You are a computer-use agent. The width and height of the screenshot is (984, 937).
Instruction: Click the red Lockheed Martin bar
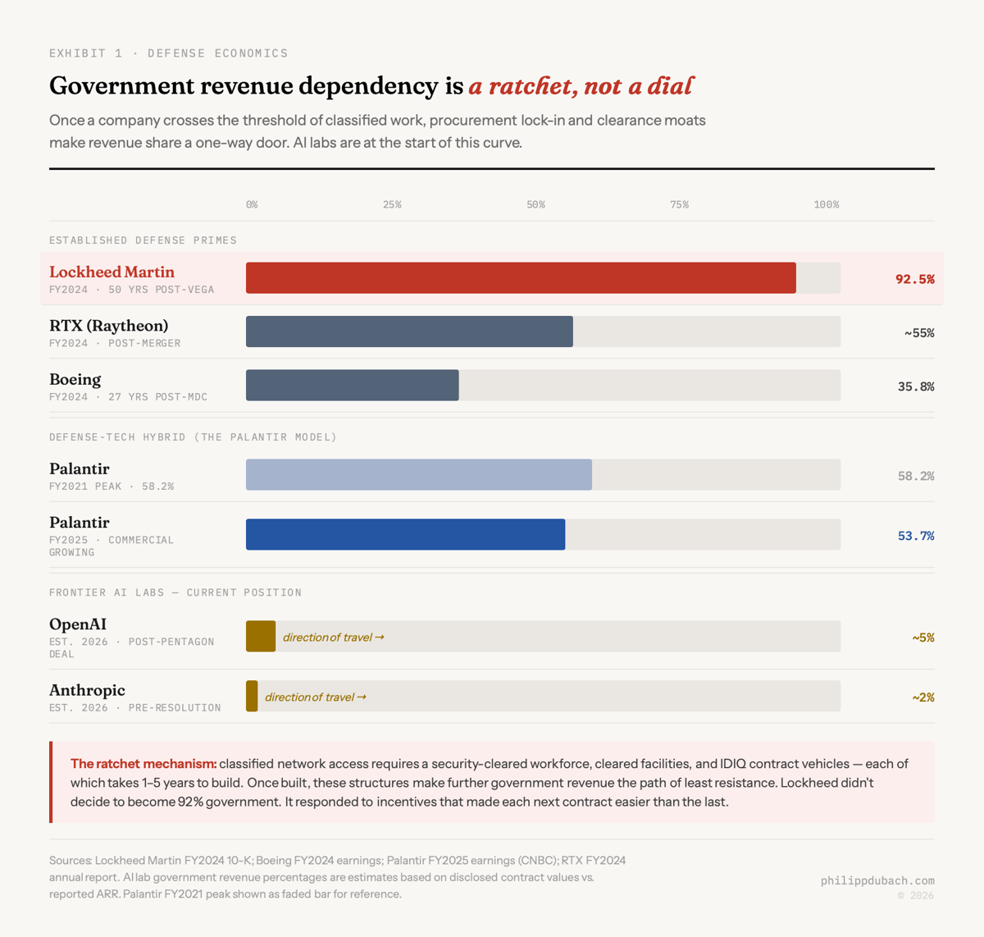pyautogui.click(x=521, y=278)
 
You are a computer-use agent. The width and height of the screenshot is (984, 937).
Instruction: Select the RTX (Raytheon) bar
pyautogui.click(x=409, y=331)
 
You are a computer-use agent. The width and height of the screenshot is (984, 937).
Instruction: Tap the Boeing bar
pyautogui.click(x=353, y=386)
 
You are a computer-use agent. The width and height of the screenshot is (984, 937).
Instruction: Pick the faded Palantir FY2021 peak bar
pyautogui.click(x=418, y=475)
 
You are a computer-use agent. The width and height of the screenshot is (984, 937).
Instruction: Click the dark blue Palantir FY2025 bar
pyautogui.click(x=405, y=534)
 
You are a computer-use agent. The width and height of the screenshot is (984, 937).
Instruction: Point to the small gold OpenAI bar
pyautogui.click(x=261, y=637)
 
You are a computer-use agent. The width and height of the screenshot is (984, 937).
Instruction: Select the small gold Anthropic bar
pyautogui.click(x=252, y=697)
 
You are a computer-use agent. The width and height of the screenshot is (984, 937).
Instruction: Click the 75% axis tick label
pyautogui.click(x=679, y=204)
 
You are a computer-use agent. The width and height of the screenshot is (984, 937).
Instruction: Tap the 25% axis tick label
pyautogui.click(x=392, y=204)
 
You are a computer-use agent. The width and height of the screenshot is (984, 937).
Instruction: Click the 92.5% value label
pyautogui.click(x=914, y=279)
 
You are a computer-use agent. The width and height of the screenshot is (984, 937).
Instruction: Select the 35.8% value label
pyautogui.click(x=915, y=386)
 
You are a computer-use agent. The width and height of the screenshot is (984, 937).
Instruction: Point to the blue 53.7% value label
pyautogui.click(x=915, y=536)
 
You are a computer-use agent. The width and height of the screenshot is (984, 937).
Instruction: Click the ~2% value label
pyautogui.click(x=922, y=697)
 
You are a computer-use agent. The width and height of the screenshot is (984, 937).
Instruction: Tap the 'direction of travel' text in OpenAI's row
pyautogui.click(x=333, y=638)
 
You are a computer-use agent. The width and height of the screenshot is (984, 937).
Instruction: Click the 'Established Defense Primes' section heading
pyautogui.click(x=143, y=240)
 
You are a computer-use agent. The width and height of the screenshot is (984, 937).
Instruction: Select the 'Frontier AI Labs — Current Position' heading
pyautogui.click(x=175, y=592)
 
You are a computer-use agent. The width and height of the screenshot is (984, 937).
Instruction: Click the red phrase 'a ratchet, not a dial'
pyautogui.click(x=581, y=86)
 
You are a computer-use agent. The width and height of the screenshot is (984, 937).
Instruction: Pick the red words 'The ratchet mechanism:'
pyautogui.click(x=143, y=764)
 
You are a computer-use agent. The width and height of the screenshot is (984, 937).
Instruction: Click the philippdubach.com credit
pyautogui.click(x=877, y=880)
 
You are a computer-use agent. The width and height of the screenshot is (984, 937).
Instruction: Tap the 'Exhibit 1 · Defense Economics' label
pyautogui.click(x=168, y=53)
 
